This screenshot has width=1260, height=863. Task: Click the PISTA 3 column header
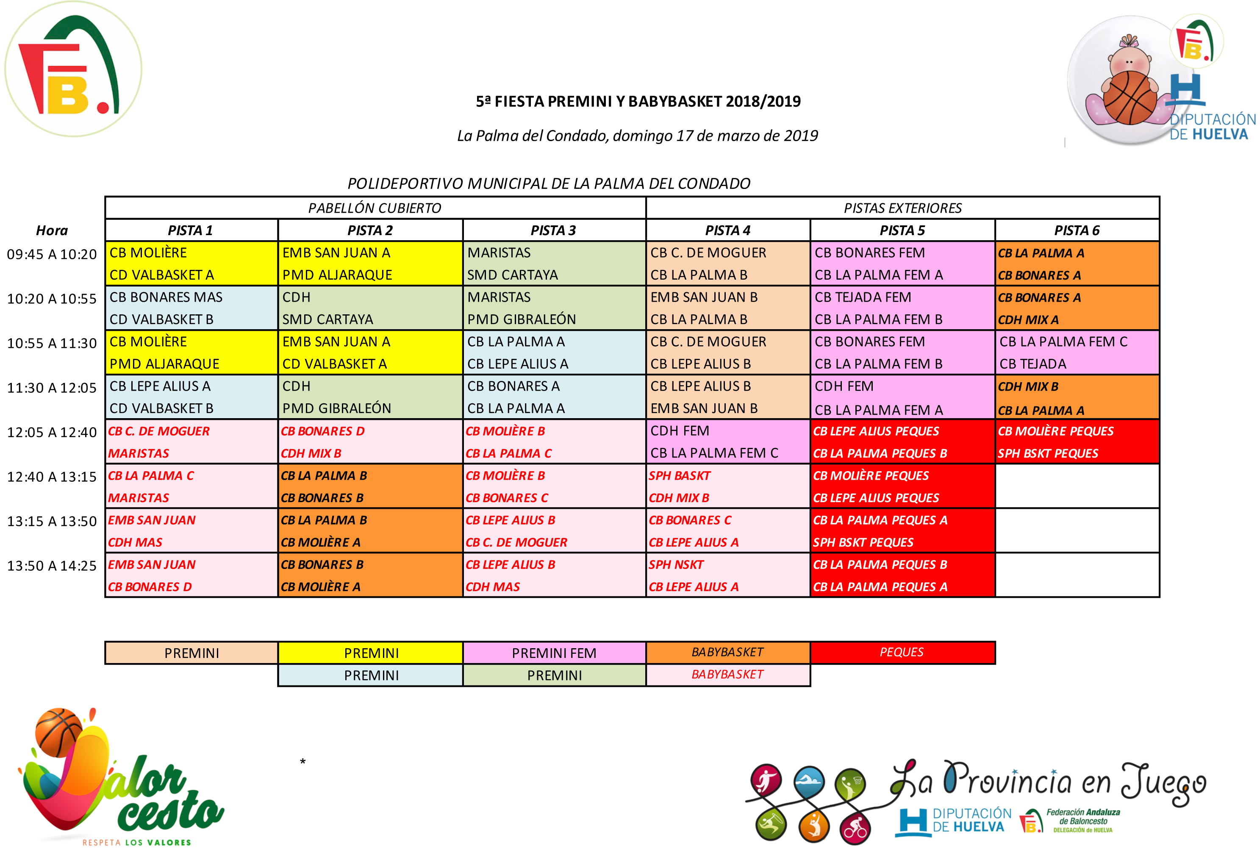click(553, 230)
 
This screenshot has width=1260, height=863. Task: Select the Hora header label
click(52, 230)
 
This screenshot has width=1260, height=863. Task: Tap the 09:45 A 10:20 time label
click(52, 254)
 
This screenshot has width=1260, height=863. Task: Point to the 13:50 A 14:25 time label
click(52, 566)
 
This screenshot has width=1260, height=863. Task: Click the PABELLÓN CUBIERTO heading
click(375, 208)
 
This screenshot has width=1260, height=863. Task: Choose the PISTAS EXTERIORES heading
click(903, 208)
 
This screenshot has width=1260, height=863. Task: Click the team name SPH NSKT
click(676, 564)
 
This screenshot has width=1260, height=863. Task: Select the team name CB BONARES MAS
click(166, 297)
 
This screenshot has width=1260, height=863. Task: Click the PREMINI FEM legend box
click(554, 653)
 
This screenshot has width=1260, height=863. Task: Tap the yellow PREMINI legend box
click(372, 653)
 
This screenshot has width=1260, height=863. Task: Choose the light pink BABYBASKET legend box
click(727, 674)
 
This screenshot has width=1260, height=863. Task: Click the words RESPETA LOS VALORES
click(136, 842)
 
